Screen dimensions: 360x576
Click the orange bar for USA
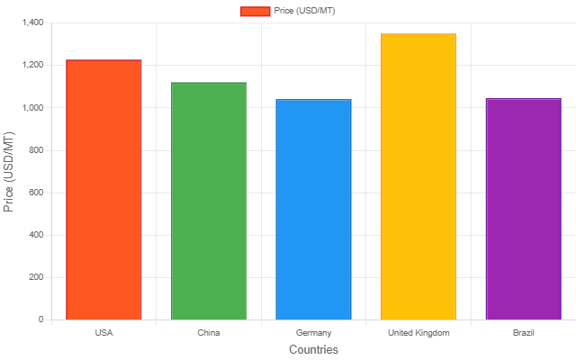point(103,190)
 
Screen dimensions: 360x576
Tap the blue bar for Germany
point(313,210)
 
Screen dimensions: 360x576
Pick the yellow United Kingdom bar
point(418,176)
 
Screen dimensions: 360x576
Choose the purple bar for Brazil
point(523,209)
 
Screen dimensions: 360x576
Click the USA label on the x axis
point(103,333)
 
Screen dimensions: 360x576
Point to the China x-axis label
point(209,333)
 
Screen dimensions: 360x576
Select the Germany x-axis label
point(313,333)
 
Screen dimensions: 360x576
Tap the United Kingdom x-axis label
point(418,333)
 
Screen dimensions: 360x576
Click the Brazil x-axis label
point(523,333)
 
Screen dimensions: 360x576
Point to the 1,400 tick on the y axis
point(31,22)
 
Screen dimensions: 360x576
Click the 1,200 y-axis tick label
point(31,65)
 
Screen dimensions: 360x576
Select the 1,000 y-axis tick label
point(31,107)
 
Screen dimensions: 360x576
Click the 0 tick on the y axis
point(40,319)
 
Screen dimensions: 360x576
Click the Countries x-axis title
point(313,349)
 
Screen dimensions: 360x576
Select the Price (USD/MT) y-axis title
point(9,171)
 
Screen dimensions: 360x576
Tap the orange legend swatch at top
point(255,11)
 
